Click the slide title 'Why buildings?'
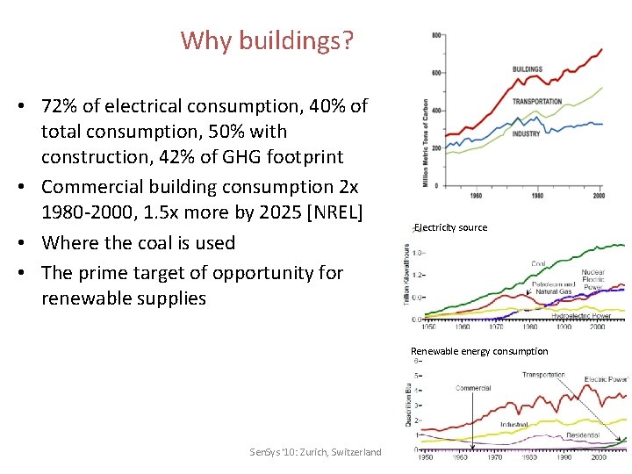click(x=267, y=40)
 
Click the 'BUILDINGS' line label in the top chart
click(x=527, y=68)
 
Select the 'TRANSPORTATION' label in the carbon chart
click(x=537, y=102)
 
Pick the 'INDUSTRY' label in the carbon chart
click(x=526, y=133)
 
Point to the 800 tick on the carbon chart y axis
click(x=436, y=35)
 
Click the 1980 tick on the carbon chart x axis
click(x=537, y=195)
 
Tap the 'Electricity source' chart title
click(x=451, y=227)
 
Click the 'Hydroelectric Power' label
click(x=580, y=315)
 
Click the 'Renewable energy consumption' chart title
click(x=479, y=351)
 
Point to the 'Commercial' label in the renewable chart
click(x=473, y=388)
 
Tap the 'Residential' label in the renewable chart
click(x=583, y=434)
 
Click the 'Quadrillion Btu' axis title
click(x=409, y=405)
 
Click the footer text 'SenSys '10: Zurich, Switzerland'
click(x=315, y=451)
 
